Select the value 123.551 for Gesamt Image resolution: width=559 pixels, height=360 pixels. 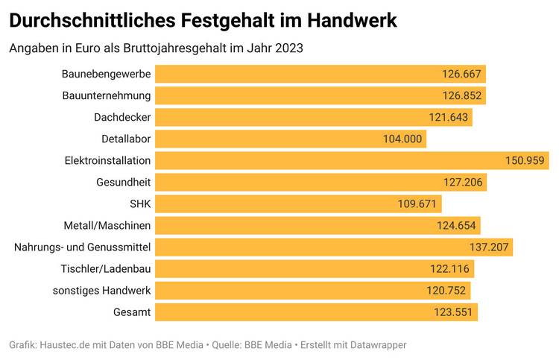click(x=453, y=312)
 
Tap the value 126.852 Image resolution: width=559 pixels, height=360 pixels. click(x=462, y=95)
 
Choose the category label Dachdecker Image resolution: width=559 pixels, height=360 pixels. click(x=122, y=117)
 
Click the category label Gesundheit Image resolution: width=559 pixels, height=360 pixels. click(x=123, y=182)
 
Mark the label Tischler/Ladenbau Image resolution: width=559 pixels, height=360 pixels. click(x=106, y=268)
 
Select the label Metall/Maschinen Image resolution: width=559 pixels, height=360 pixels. click(x=107, y=225)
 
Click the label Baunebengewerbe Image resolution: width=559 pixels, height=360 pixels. click(x=107, y=74)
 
